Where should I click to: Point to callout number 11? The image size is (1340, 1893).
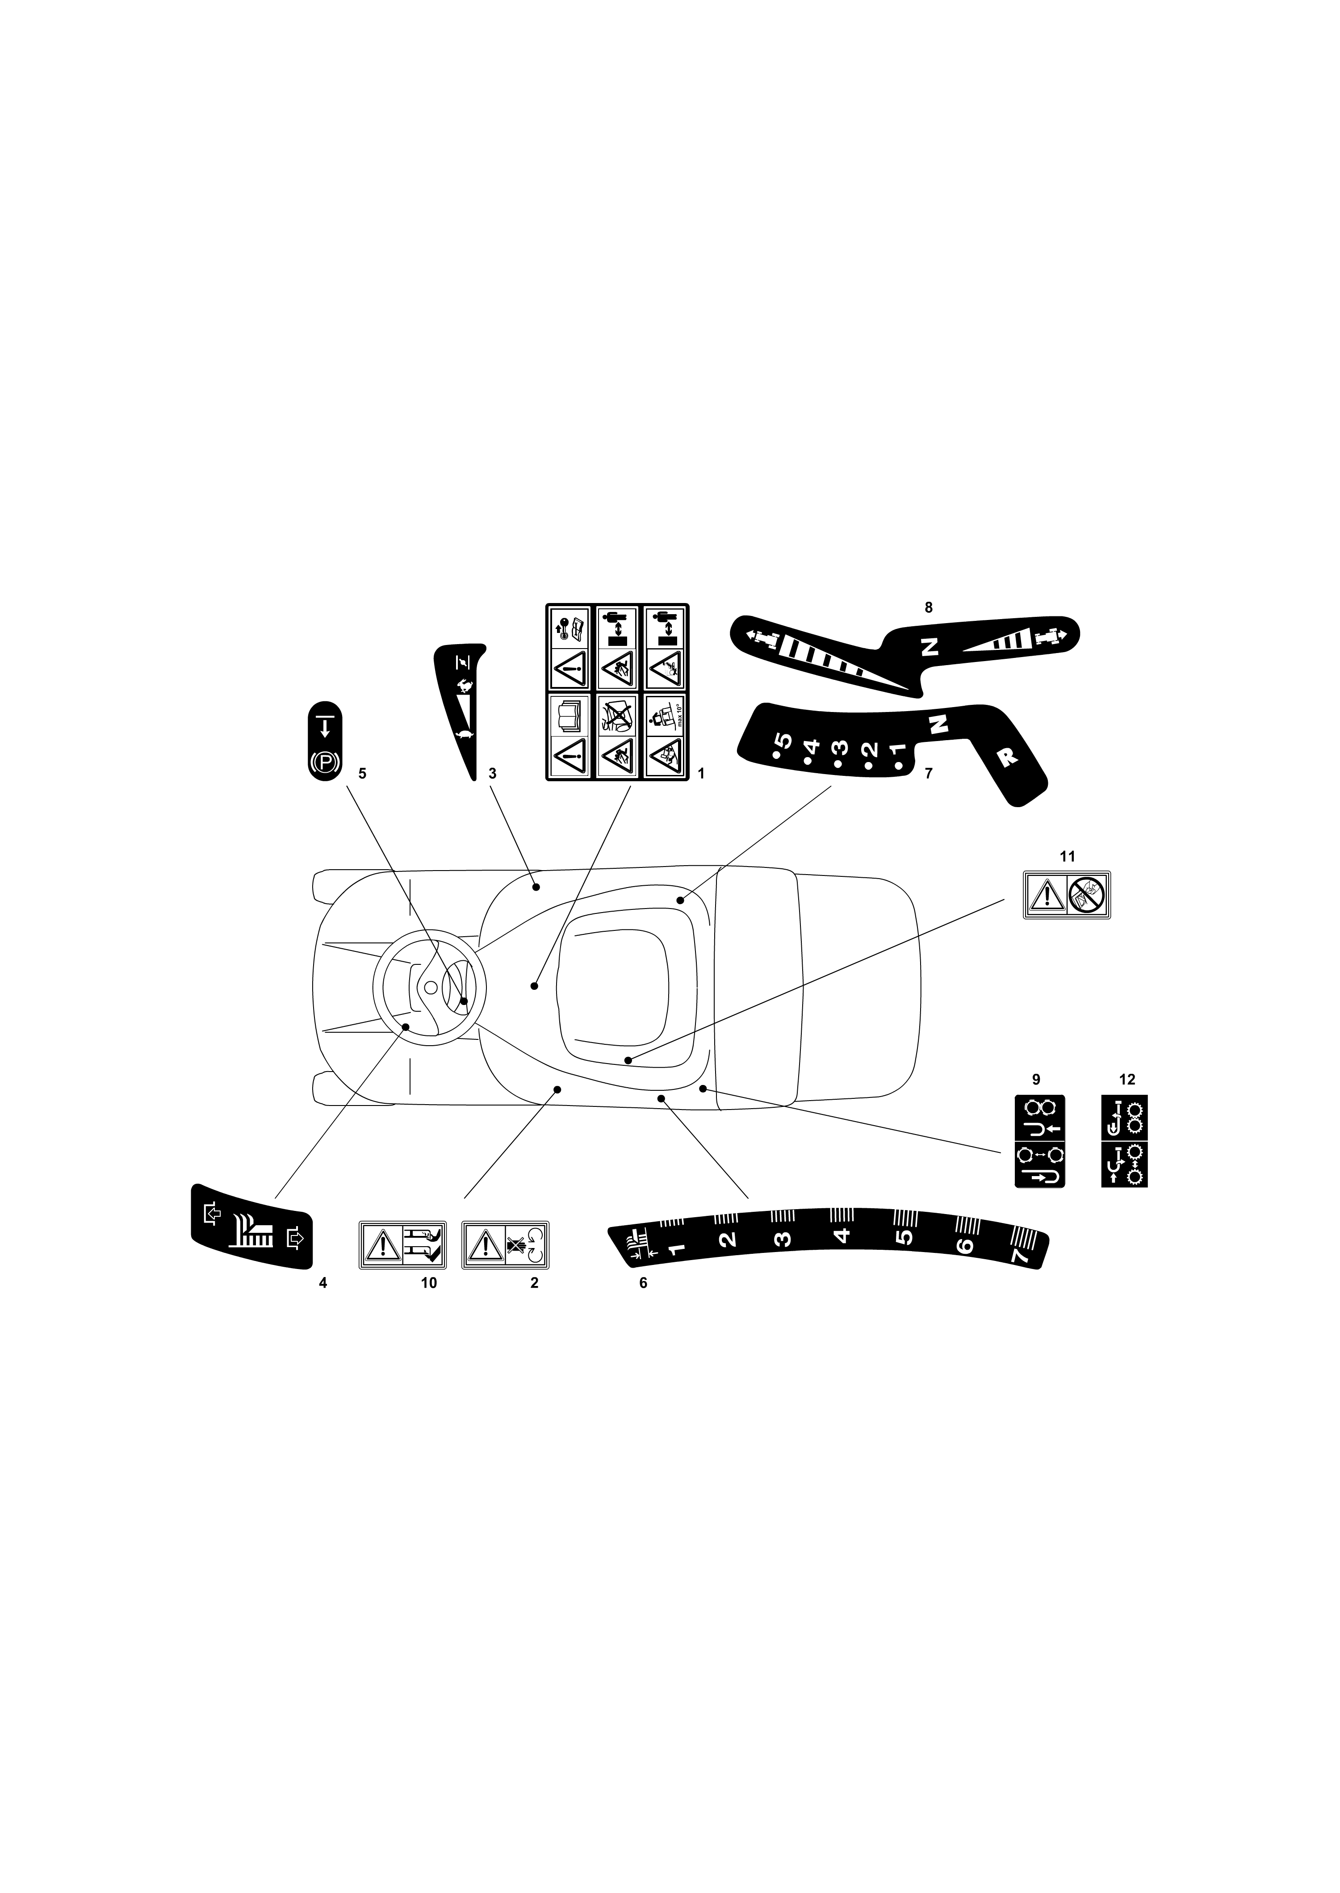pyautogui.click(x=1068, y=857)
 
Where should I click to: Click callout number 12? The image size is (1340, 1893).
pyautogui.click(x=1127, y=1079)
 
